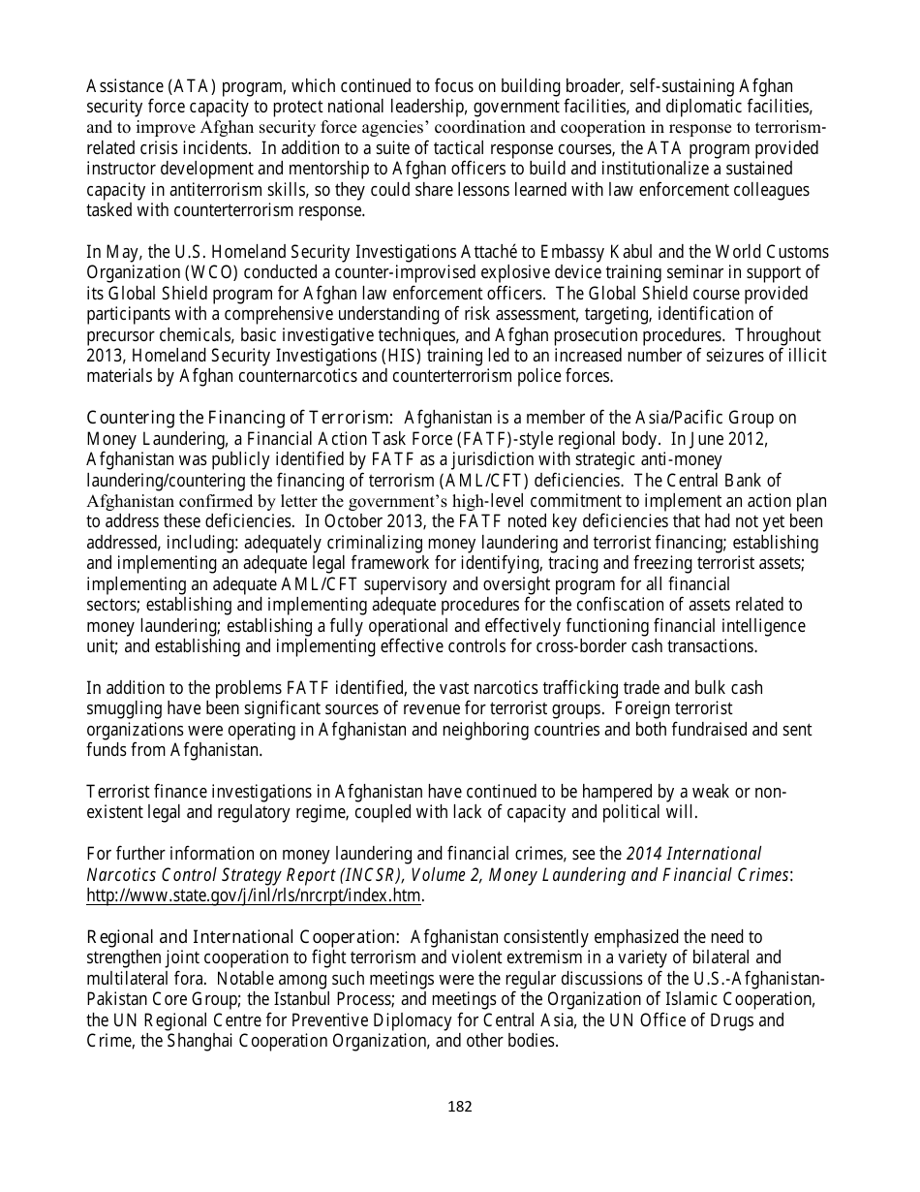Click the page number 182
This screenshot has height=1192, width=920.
pos(459,1107)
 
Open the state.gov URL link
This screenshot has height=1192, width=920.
pos(254,894)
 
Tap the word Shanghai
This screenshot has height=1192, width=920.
pos(179,1041)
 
